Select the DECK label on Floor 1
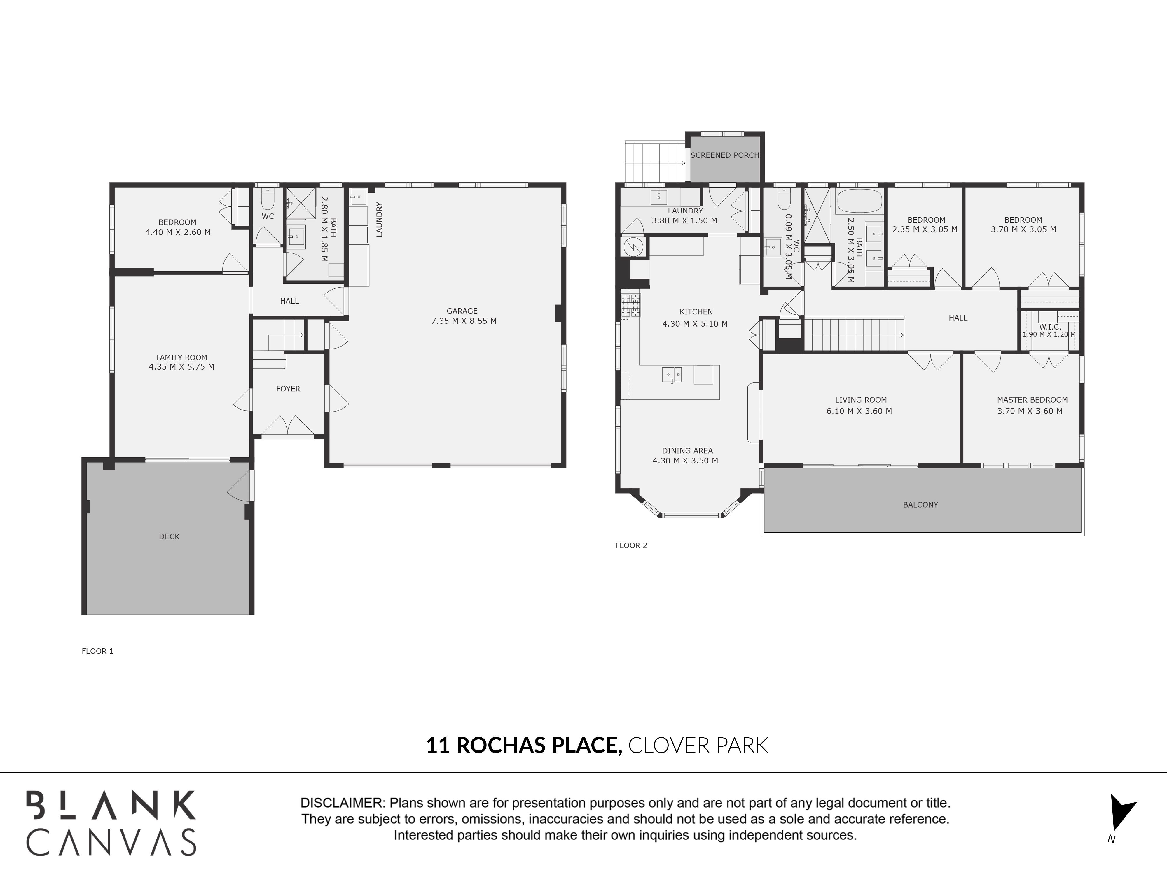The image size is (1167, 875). (x=169, y=536)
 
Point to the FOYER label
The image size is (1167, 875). (x=288, y=389)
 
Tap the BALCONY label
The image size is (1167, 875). (x=921, y=505)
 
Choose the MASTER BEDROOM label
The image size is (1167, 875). (x=1032, y=400)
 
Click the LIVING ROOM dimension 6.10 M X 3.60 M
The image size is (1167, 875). (x=859, y=411)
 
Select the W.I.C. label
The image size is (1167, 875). (x=1050, y=327)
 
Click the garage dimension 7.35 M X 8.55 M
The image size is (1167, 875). (x=464, y=321)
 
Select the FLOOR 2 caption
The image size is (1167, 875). (x=631, y=545)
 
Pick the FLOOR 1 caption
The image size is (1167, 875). (x=98, y=651)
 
